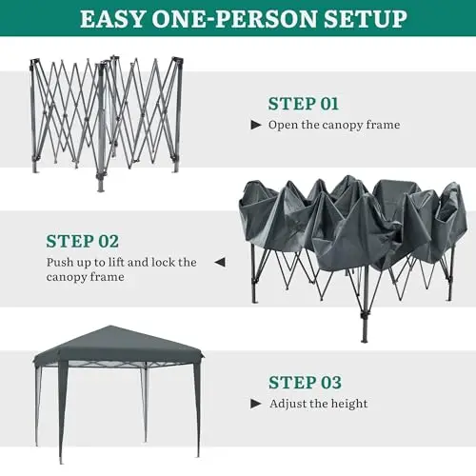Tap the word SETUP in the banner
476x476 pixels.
tap(366, 19)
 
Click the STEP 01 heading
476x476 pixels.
tap(304, 104)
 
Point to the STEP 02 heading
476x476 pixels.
tap(83, 241)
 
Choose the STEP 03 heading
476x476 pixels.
tap(305, 382)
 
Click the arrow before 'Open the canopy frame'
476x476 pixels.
tap(256, 125)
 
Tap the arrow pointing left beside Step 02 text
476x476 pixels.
tap(220, 262)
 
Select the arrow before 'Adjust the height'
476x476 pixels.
tap(256, 404)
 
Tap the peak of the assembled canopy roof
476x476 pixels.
tap(110, 327)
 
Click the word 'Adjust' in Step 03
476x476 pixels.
tap(288, 404)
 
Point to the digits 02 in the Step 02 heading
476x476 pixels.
tap(109, 241)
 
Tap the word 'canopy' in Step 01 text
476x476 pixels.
tap(343, 126)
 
